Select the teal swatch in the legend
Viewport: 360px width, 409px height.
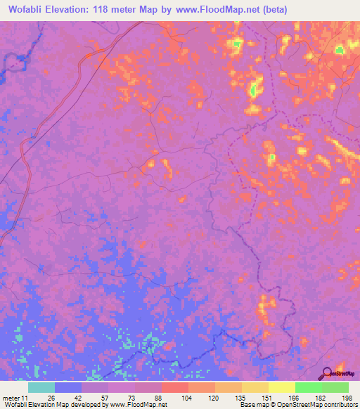(41, 387)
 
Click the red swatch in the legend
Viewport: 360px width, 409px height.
(174, 387)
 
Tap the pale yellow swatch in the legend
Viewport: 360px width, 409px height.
(281, 387)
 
